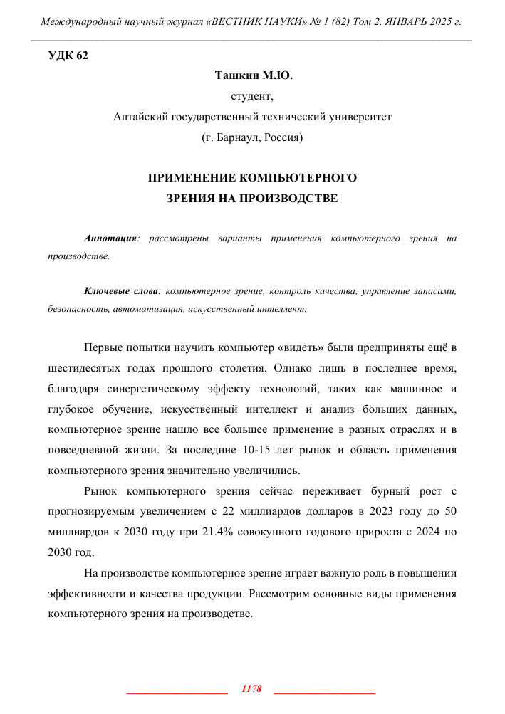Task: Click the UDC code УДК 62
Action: point(68,56)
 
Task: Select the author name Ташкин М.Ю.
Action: point(252,75)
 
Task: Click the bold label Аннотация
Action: point(110,239)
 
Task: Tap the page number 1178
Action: point(252,689)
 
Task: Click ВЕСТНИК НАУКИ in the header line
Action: point(267,22)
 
